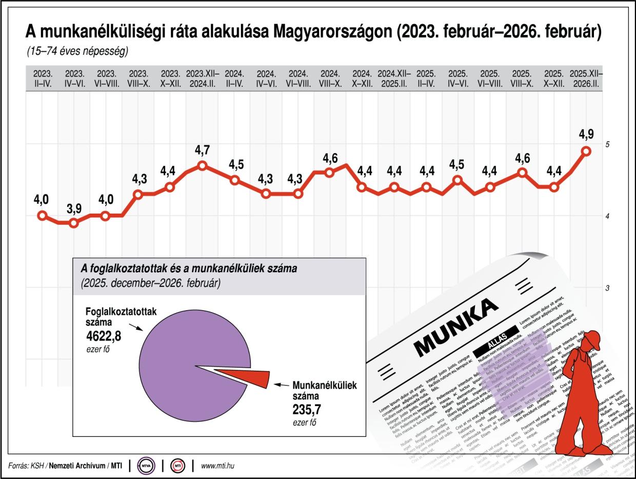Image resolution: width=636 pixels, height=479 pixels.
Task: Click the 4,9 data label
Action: [x=586, y=135]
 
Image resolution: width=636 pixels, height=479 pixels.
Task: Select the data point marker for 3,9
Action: [x=74, y=223]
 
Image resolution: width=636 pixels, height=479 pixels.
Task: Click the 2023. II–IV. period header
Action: [x=43, y=78]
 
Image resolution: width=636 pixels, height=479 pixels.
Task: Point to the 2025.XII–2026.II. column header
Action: [x=586, y=78]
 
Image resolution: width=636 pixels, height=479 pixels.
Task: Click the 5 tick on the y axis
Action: [x=607, y=145]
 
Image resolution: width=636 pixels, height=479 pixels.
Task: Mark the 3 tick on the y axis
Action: [x=607, y=288]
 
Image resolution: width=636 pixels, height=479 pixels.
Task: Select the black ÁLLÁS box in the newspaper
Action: [x=496, y=348]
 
